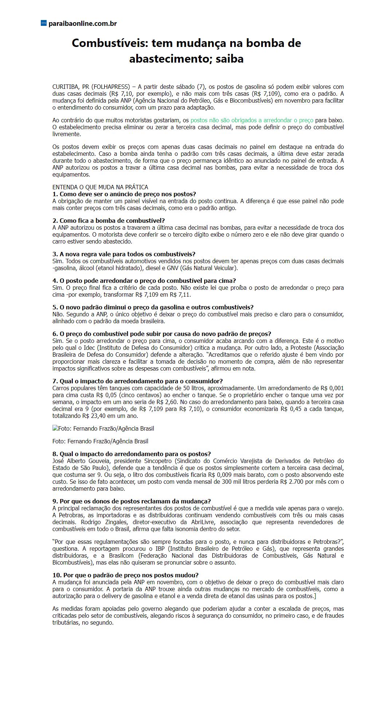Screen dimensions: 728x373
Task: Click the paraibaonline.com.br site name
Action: [82, 24]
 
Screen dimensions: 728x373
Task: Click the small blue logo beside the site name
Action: [44, 23]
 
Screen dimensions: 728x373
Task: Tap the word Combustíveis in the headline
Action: [110, 43]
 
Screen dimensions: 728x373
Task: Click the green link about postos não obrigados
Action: [252, 120]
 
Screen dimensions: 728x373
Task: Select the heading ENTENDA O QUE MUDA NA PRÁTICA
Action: [100, 187]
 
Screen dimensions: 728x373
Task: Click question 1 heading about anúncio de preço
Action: [124, 194]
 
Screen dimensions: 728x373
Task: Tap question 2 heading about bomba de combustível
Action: [109, 221]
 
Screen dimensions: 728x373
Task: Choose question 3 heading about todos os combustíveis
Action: [124, 254]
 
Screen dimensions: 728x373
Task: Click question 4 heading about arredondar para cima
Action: [144, 281]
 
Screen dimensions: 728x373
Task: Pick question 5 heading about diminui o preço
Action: [153, 307]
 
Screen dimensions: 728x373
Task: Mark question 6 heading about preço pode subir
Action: [162, 334]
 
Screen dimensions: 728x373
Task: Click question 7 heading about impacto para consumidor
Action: [137, 381]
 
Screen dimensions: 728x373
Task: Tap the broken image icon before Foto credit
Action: [55, 428]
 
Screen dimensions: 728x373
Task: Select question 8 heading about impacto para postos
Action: [131, 454]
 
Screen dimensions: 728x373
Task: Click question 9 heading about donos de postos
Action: [131, 501]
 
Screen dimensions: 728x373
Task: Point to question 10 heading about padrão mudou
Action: [126, 575]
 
